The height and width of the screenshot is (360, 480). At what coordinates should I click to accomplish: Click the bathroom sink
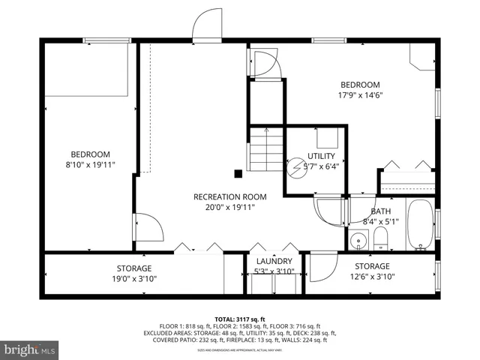coord(358,241)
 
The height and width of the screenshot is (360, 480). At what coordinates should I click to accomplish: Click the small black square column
coord(238,173)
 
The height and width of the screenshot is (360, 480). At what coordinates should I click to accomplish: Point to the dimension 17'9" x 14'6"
coord(360,95)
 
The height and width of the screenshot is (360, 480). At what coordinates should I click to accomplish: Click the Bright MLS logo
coord(30,349)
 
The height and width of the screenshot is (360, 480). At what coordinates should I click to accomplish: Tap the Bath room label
coord(379,211)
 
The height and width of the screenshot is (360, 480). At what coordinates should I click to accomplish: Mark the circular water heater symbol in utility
coord(296,166)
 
